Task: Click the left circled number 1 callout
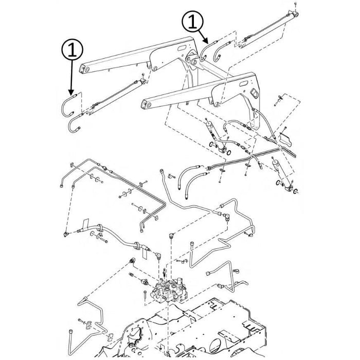pyautogui.click(x=71, y=50)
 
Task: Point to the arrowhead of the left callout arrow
pyautogui.click(x=71, y=92)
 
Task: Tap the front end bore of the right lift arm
pyautogui.click(x=146, y=106)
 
